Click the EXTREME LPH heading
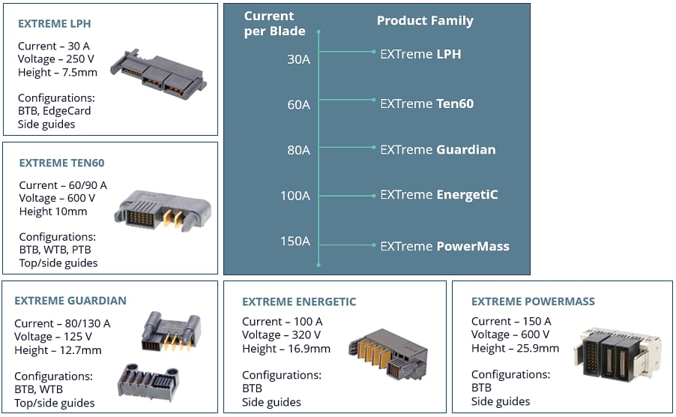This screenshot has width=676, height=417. [55, 24]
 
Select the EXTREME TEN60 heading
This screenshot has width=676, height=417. [61, 163]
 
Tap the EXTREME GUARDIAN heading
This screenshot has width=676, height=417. [70, 301]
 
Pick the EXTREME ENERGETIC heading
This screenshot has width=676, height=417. [299, 302]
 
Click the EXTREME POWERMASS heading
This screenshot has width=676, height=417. [533, 301]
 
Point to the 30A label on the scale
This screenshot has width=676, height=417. [298, 58]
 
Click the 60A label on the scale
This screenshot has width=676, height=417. [298, 105]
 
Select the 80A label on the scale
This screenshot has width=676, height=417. [298, 150]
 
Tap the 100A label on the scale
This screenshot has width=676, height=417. [295, 196]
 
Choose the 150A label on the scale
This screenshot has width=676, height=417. [295, 241]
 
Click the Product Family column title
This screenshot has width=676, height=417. [425, 21]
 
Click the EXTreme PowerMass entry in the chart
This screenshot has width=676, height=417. [444, 246]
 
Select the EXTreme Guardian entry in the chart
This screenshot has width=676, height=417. [438, 149]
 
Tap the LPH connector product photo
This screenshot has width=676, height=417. [158, 74]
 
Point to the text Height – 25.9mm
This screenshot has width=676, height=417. [515, 348]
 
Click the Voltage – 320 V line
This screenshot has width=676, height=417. [281, 335]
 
